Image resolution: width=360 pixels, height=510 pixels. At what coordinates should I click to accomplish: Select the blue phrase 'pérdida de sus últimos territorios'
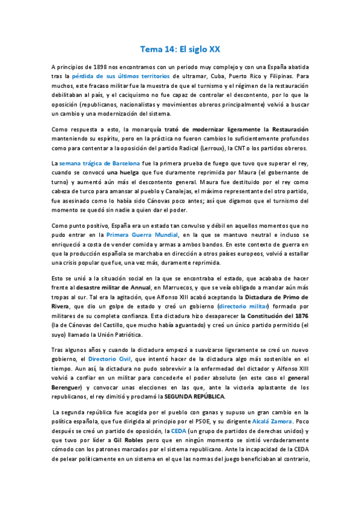[x=121, y=78]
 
